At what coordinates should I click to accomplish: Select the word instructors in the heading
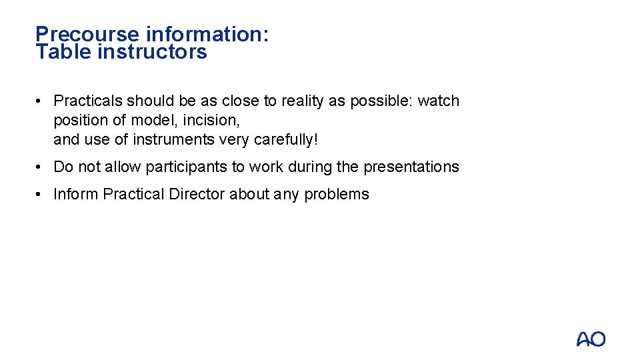click(x=152, y=52)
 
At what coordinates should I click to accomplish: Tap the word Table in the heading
click(x=64, y=52)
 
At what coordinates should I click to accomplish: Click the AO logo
click(x=591, y=339)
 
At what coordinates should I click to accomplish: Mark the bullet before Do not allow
click(x=40, y=167)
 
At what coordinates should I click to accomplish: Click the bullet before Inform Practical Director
click(x=40, y=195)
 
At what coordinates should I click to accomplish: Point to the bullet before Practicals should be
click(x=40, y=101)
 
